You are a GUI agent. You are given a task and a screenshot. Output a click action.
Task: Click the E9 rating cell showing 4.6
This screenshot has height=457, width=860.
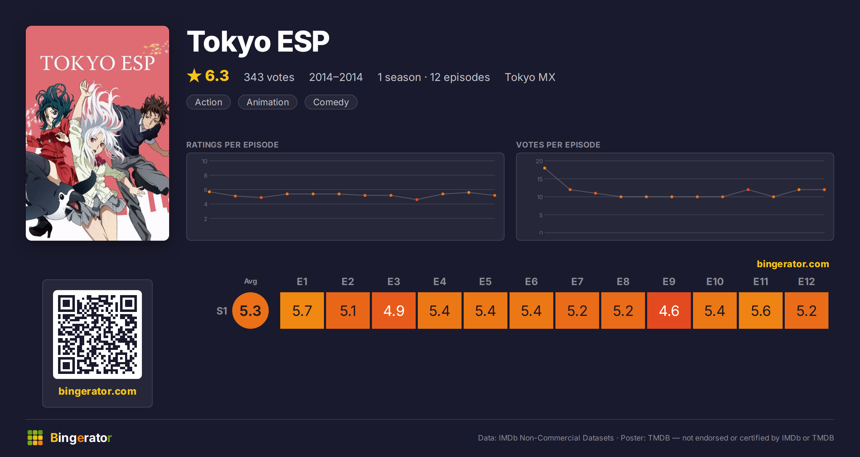click(669, 311)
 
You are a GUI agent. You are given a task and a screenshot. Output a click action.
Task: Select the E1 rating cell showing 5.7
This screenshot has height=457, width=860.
click(302, 311)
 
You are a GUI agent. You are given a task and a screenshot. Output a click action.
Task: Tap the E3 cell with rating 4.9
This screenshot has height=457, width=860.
click(394, 311)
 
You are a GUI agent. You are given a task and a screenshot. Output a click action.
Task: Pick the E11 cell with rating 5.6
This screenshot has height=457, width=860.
click(761, 311)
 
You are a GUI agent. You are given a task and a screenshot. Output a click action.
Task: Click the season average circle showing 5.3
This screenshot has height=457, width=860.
click(250, 311)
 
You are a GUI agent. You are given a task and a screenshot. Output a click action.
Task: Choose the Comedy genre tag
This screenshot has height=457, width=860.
click(331, 102)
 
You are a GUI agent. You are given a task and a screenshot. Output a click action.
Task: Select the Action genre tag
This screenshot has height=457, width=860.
click(209, 102)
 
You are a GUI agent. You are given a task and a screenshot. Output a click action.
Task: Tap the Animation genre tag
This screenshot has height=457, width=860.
click(268, 102)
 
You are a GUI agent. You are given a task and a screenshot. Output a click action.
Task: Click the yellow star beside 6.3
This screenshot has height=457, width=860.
click(194, 76)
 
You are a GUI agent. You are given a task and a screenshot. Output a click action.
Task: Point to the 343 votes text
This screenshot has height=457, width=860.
click(269, 77)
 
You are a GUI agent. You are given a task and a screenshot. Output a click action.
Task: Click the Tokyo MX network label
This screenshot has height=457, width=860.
click(530, 77)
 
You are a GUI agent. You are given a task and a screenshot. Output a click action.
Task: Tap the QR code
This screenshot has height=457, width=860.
click(97, 335)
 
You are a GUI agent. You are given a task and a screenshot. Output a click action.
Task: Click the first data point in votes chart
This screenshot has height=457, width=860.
click(545, 168)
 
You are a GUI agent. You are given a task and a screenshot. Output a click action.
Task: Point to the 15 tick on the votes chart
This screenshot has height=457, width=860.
click(540, 179)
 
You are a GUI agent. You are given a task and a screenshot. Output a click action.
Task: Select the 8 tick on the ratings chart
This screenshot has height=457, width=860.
click(206, 175)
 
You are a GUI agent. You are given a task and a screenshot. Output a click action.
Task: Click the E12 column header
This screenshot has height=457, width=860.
click(807, 282)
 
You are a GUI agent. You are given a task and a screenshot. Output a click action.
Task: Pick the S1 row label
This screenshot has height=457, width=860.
click(222, 311)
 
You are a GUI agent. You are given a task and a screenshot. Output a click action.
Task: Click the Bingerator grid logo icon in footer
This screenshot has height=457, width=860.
click(35, 438)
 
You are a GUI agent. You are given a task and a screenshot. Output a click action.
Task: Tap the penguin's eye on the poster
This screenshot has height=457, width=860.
click(62, 197)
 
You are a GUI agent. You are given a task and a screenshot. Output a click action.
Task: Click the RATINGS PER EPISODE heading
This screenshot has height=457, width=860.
click(233, 145)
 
